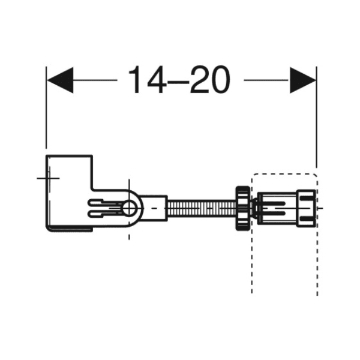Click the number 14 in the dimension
tap(147, 80)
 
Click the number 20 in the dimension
tap(210, 80)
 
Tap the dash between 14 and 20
tap(178, 82)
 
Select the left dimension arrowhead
tap(60, 80)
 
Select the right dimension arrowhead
tap(303, 80)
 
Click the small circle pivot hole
tap(129, 209)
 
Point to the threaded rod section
tap(202, 208)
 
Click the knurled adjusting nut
tap(243, 208)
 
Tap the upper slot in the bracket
tap(104, 202)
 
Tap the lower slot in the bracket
tap(104, 214)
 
